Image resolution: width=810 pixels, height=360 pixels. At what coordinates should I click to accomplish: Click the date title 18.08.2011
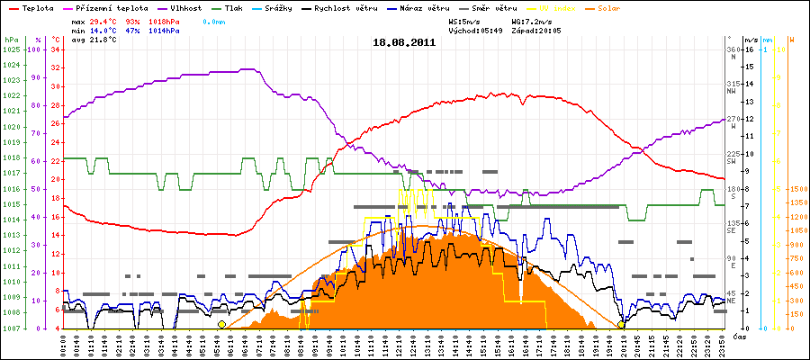(405, 41)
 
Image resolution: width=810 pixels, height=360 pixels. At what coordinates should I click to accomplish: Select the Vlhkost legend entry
(187, 7)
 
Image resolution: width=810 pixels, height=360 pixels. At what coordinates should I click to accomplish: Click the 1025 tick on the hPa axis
(12, 49)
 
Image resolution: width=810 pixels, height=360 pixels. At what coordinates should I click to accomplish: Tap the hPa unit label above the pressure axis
(11, 40)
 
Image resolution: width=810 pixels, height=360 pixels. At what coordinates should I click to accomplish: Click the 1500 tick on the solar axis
(796, 189)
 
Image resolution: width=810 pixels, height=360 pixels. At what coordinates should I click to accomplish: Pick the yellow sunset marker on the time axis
(621, 324)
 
